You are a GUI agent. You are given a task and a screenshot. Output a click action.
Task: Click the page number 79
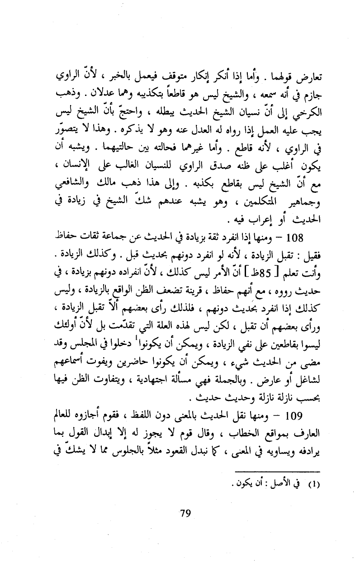(x=185, y=513)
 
